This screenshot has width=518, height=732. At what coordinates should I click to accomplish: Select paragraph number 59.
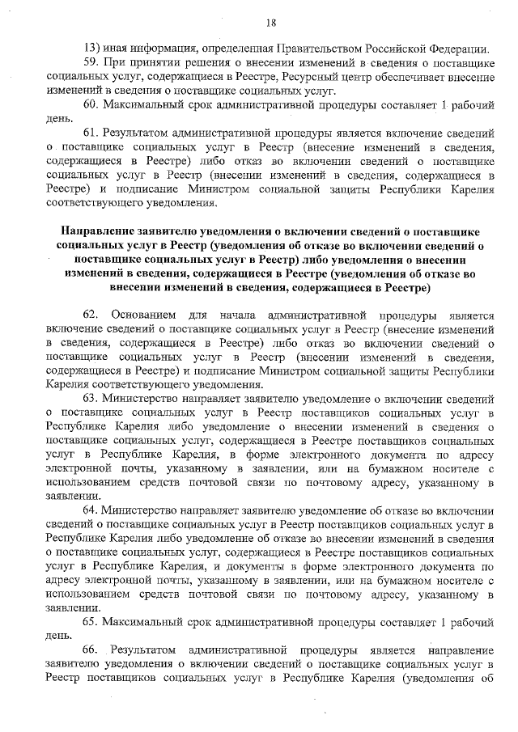tap(91, 63)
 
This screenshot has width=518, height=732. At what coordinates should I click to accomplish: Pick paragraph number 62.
tap(91, 315)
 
